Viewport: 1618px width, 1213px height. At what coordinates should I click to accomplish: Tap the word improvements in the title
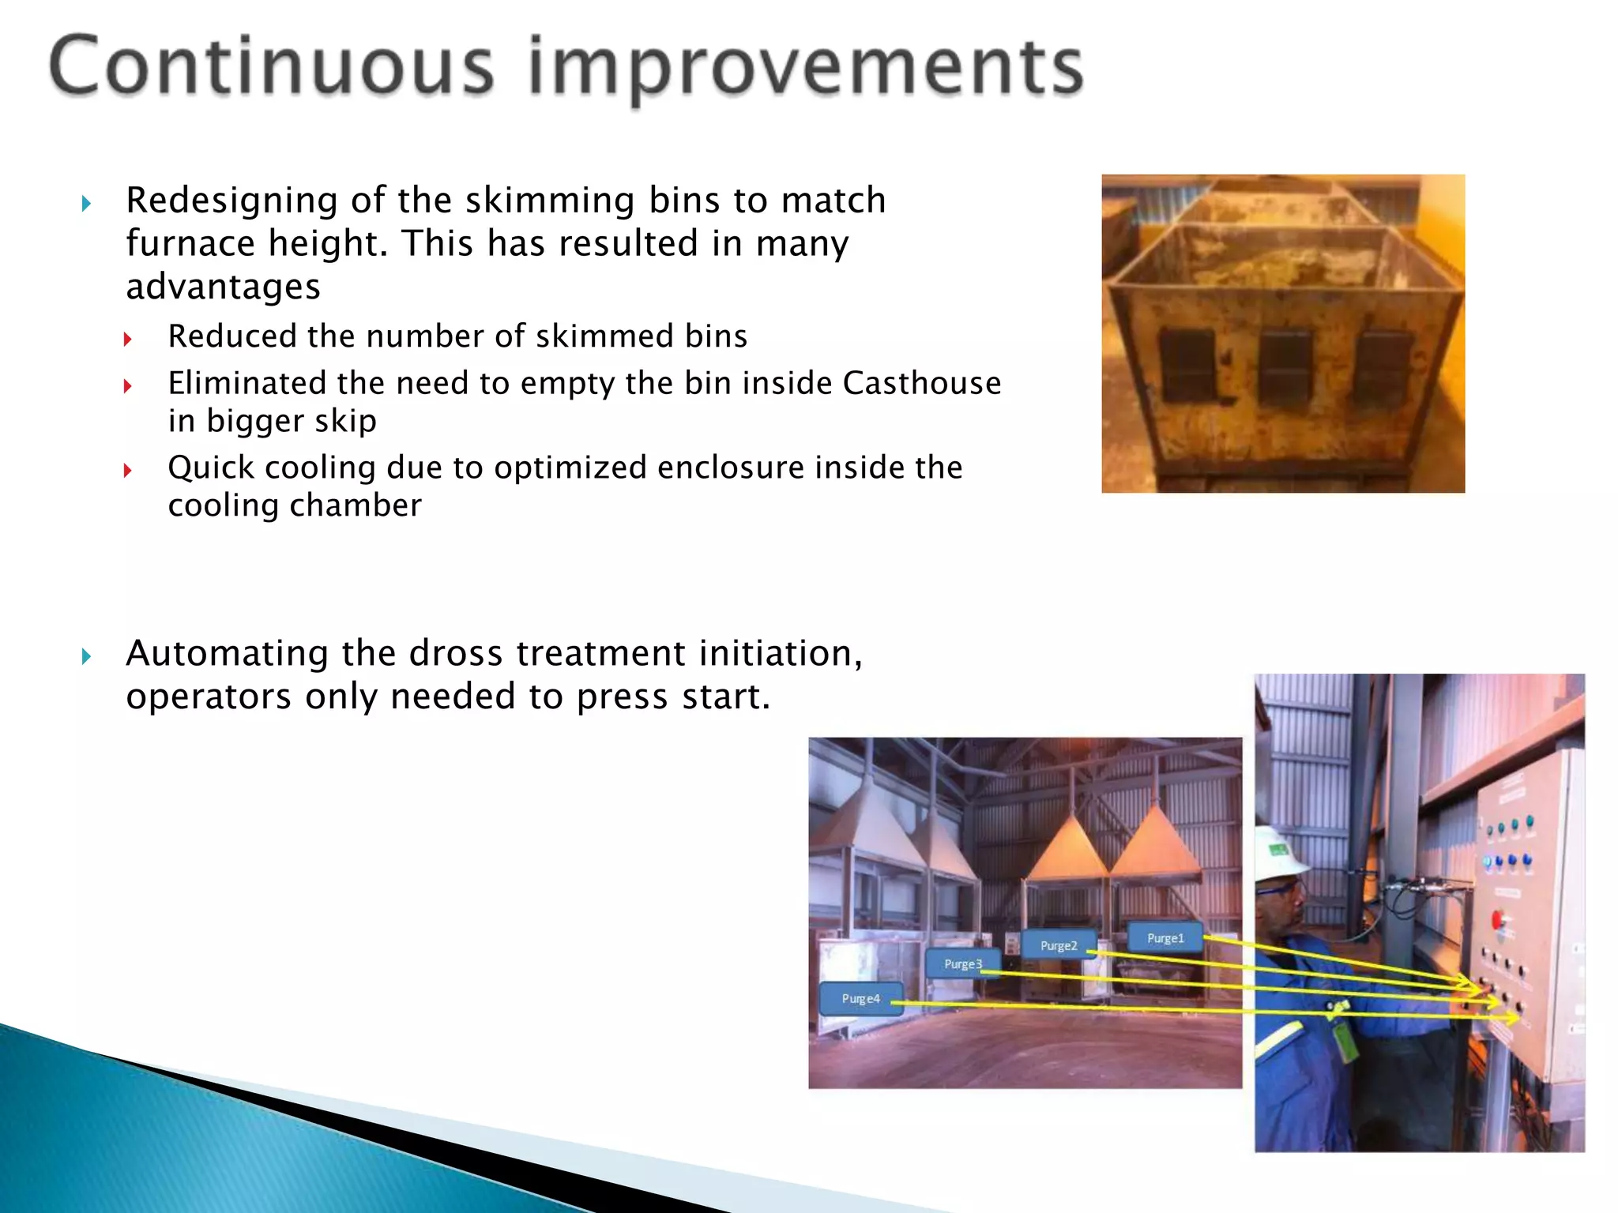click(x=806, y=68)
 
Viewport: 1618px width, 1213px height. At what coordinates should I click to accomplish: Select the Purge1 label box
click(x=1165, y=938)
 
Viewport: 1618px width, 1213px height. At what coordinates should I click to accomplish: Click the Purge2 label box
click(x=1059, y=945)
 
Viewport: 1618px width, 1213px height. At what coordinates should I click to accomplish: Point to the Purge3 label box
click(x=963, y=964)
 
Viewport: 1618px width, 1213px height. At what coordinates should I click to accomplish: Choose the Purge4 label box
click(x=861, y=999)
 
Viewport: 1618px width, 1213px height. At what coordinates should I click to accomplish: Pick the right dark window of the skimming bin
click(x=1383, y=368)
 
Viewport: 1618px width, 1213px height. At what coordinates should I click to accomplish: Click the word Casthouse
click(x=922, y=383)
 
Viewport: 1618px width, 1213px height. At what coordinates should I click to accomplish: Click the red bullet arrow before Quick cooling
click(x=127, y=471)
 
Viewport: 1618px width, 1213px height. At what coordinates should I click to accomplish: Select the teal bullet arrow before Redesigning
click(x=86, y=204)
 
